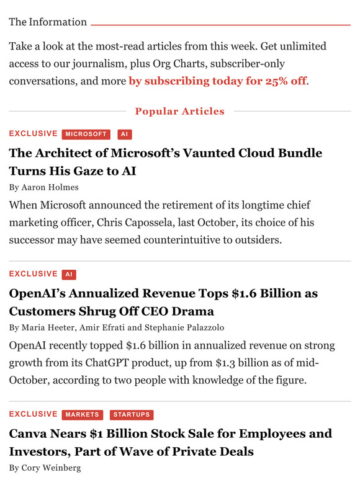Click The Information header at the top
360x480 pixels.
[x=48, y=22]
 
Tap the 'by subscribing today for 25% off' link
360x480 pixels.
[x=218, y=81]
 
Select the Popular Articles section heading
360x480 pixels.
[x=179, y=112]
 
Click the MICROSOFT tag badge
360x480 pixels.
[x=86, y=135]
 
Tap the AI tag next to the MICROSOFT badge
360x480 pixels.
[x=124, y=135]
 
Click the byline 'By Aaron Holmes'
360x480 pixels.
[x=43, y=187]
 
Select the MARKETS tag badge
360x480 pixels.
[x=83, y=415]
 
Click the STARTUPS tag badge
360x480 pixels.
[x=131, y=415]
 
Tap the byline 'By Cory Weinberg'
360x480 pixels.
[x=45, y=468]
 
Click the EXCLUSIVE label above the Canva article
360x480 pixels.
[x=33, y=414]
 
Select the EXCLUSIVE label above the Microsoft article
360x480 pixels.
[x=33, y=134]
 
